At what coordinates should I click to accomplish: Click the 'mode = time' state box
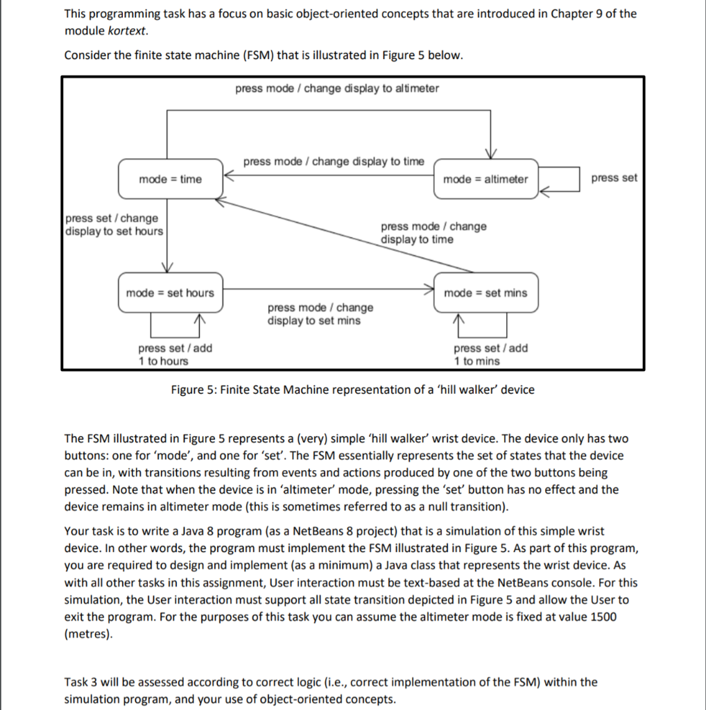tap(170, 180)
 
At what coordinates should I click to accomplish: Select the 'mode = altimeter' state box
tap(485, 180)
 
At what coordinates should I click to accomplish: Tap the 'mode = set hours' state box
tap(170, 293)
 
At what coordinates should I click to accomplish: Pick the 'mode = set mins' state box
tap(485, 293)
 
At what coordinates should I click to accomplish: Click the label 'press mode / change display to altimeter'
tap(337, 88)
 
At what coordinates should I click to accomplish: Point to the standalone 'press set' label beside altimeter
tap(614, 178)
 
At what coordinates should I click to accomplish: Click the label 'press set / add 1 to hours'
tap(175, 354)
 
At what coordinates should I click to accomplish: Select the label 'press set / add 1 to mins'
tap(490, 354)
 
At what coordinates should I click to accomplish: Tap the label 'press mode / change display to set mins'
tap(320, 314)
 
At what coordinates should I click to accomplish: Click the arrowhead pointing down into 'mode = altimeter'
tap(490, 154)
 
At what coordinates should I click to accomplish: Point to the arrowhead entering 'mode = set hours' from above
tap(167, 268)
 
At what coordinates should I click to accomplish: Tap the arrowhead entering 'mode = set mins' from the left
tap(429, 288)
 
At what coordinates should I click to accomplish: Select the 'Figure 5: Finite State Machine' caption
tap(352, 390)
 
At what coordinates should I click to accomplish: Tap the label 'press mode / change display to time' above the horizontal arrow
tap(334, 162)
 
